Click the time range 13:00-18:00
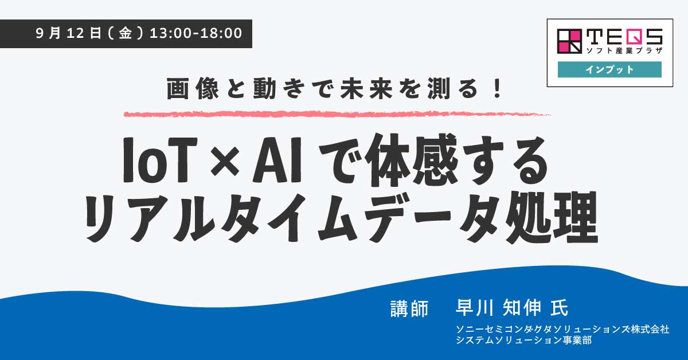point(196,33)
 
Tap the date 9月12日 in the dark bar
point(68,33)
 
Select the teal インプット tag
point(609,69)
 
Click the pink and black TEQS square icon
point(569,41)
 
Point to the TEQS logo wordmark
point(624,36)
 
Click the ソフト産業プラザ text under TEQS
point(624,50)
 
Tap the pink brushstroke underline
point(337,114)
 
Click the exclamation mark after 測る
point(496,89)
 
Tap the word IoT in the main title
point(160,161)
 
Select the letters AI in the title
point(277,161)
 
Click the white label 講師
point(409,308)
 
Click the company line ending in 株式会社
point(562,329)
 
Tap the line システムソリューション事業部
point(523,340)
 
